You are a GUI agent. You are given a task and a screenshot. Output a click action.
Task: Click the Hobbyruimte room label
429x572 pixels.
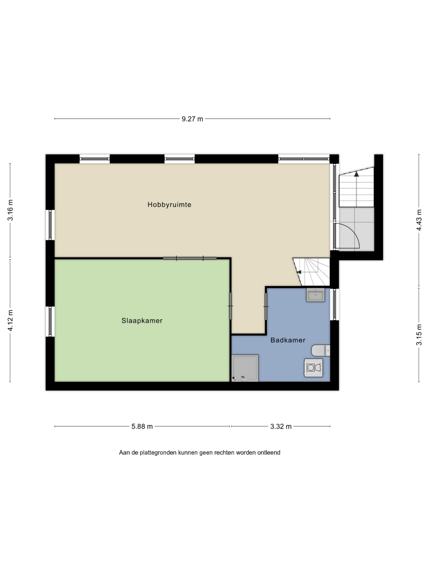pos(169,205)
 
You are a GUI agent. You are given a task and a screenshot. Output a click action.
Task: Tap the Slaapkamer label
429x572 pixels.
pos(142,320)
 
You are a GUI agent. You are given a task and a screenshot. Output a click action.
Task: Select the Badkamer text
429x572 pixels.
pos(288,340)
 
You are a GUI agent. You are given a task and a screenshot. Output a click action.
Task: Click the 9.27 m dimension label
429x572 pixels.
pos(192,119)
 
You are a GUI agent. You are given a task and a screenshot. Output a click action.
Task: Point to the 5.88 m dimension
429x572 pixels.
pos(142,426)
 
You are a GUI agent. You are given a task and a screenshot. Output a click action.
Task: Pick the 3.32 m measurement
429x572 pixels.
pos(281,426)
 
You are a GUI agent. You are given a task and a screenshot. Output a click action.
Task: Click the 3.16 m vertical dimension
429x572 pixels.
pos(10,210)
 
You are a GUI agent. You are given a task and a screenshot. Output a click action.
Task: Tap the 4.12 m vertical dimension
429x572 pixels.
pos(10,320)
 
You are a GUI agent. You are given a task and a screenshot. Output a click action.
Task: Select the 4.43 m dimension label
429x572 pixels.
pos(419,220)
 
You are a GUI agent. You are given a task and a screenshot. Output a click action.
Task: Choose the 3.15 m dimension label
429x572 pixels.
pos(419,335)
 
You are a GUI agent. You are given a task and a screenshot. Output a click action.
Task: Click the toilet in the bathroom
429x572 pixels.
pos(321,350)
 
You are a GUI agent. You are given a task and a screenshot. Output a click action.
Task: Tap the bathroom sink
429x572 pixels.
pos(315,295)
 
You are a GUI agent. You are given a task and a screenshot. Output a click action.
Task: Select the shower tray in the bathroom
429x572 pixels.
pos(245,368)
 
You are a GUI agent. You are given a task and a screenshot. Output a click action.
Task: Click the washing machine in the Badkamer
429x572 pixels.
pos(314,368)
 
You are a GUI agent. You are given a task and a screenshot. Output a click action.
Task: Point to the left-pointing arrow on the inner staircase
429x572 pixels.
pos(299,272)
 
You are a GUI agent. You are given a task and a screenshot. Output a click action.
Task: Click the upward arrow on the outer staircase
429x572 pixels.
pos(356,174)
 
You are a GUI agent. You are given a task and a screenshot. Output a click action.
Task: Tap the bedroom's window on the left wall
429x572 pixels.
pos(50,322)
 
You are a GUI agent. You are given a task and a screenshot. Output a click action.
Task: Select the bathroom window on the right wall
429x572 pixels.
pos(335,304)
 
